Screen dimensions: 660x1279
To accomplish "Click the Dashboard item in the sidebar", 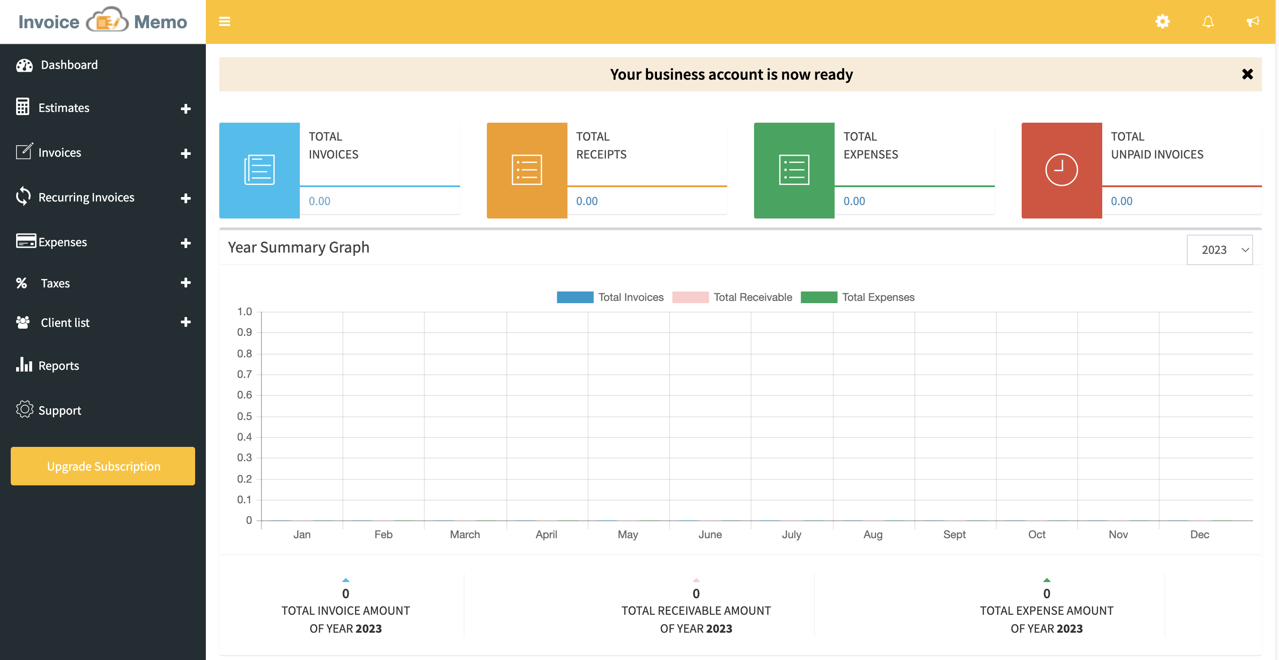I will tap(68, 65).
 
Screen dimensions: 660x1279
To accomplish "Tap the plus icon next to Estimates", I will tap(186, 108).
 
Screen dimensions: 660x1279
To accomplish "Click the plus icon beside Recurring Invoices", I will tap(186, 198).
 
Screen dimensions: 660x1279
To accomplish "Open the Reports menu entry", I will tap(58, 366).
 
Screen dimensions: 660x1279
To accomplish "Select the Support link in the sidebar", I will tap(59, 411).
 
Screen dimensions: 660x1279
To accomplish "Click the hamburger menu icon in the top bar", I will tap(224, 21).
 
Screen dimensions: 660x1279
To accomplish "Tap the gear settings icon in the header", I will tap(1162, 21).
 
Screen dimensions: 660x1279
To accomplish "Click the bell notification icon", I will tap(1208, 21).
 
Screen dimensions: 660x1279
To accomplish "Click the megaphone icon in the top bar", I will tap(1253, 21).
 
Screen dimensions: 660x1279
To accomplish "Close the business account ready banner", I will tap(1247, 74).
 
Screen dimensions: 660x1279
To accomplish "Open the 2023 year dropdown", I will tap(1219, 250).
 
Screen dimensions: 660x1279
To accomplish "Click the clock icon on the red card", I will tap(1061, 170).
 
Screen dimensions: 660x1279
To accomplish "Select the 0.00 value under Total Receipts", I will tap(586, 201).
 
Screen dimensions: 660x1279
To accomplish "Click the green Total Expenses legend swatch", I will tap(819, 297).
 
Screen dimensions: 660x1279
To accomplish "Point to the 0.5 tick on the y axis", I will tap(244, 416).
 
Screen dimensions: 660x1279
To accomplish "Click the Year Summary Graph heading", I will tap(298, 247).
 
